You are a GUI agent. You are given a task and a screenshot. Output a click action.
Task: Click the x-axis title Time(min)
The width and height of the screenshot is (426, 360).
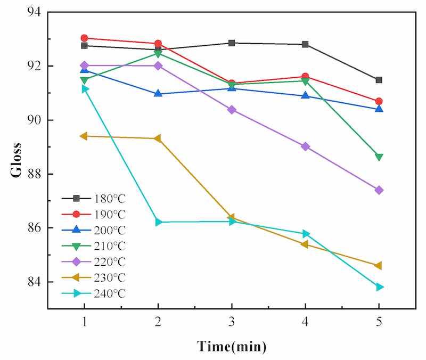click(x=232, y=346)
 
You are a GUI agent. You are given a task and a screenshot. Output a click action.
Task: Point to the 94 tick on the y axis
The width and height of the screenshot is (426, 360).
click(x=35, y=12)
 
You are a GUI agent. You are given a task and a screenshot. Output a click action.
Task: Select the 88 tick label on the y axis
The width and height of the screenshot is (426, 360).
click(x=35, y=174)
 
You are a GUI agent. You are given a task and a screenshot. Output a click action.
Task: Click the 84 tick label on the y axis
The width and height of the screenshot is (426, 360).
click(x=35, y=282)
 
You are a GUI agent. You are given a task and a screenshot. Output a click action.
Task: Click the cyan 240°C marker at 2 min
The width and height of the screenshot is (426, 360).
click(x=158, y=222)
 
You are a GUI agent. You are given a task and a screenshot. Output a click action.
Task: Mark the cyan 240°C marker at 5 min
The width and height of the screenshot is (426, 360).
click(x=379, y=287)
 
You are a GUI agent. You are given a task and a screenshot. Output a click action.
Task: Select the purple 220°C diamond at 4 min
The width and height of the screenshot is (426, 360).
click(x=305, y=146)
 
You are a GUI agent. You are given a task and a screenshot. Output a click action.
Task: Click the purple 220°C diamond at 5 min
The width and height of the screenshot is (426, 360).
click(x=379, y=190)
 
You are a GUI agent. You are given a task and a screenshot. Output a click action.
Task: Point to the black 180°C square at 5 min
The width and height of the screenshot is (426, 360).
click(x=379, y=80)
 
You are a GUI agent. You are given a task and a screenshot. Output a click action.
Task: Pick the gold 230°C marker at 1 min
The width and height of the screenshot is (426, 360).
click(x=84, y=136)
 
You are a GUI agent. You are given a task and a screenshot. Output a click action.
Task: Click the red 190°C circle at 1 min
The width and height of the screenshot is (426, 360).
click(x=84, y=38)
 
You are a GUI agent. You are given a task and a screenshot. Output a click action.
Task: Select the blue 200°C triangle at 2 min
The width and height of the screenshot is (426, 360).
click(x=158, y=93)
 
